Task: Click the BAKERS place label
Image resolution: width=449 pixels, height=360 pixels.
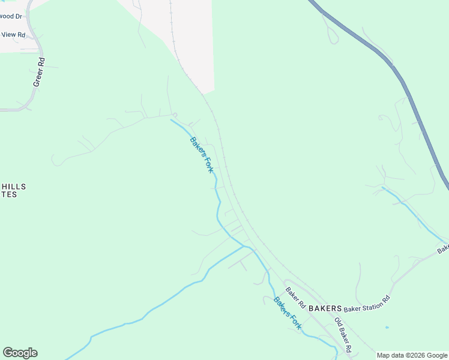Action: click(325, 306)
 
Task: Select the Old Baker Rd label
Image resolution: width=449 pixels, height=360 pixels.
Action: click(342, 334)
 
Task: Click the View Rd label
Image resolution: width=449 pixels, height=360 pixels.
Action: click(13, 35)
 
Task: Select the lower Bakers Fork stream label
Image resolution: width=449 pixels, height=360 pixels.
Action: click(287, 313)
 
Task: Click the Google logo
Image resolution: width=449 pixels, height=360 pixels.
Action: click(20, 353)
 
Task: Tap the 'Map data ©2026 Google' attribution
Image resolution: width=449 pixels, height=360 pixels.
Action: click(412, 355)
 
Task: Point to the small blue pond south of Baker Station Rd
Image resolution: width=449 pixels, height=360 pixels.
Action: click(387, 328)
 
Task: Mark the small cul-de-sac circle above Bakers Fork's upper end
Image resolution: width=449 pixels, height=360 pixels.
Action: click(175, 114)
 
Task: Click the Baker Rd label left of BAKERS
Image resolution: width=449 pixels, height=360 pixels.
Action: click(295, 298)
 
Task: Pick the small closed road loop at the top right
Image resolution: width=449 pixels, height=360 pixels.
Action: click(333, 35)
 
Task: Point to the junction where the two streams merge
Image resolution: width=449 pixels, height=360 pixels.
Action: click(244, 246)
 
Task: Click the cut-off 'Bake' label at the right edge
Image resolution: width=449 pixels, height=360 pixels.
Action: click(443, 248)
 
